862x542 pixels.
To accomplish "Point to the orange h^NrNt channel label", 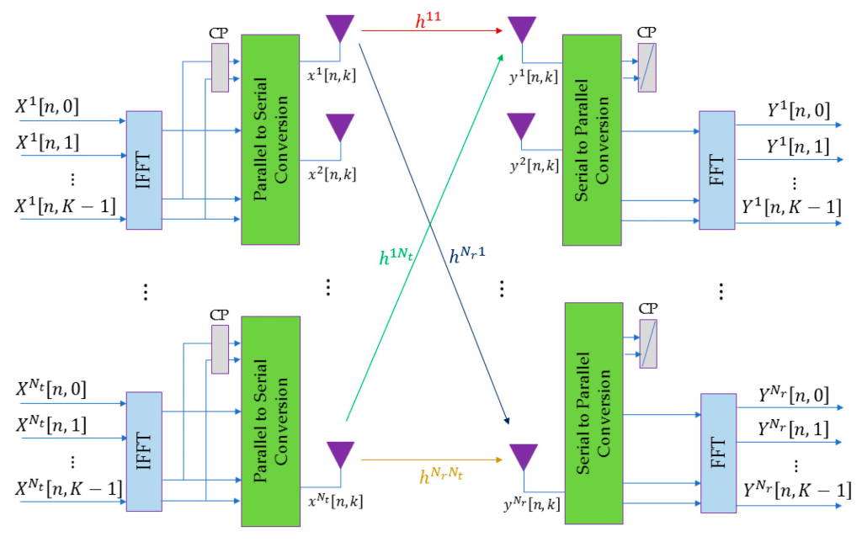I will [x=442, y=476].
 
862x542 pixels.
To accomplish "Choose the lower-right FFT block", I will [x=717, y=453].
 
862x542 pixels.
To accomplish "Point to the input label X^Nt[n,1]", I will [x=51, y=425].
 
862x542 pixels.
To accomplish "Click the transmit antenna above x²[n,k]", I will [x=340, y=127].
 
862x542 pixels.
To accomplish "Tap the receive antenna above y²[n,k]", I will [x=522, y=127].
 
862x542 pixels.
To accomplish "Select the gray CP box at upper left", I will [x=220, y=67].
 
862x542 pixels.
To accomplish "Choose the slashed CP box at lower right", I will [x=647, y=344].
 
